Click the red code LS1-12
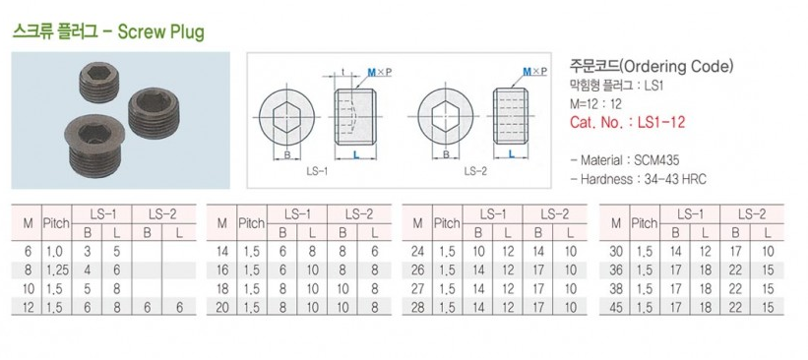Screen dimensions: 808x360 tap(661, 122)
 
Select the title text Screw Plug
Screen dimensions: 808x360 tap(161, 31)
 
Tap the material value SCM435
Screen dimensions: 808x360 tap(656, 160)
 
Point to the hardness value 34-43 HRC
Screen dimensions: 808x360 tap(675, 179)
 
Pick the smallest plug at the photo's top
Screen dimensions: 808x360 tap(99, 83)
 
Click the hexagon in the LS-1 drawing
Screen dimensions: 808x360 tap(286, 117)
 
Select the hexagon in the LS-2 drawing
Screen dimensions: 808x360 tap(446, 117)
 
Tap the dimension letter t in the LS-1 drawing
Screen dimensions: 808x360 tap(342, 72)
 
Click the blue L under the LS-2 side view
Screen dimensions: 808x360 tap(511, 153)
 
